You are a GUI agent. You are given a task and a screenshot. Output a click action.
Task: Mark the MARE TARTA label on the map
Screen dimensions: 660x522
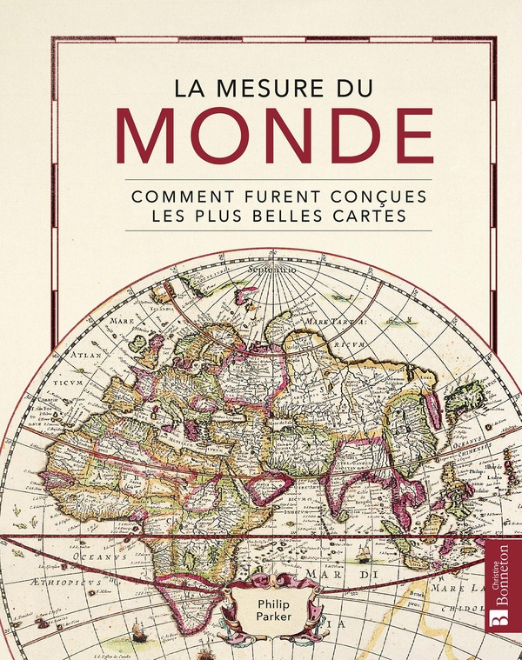click(333, 321)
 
